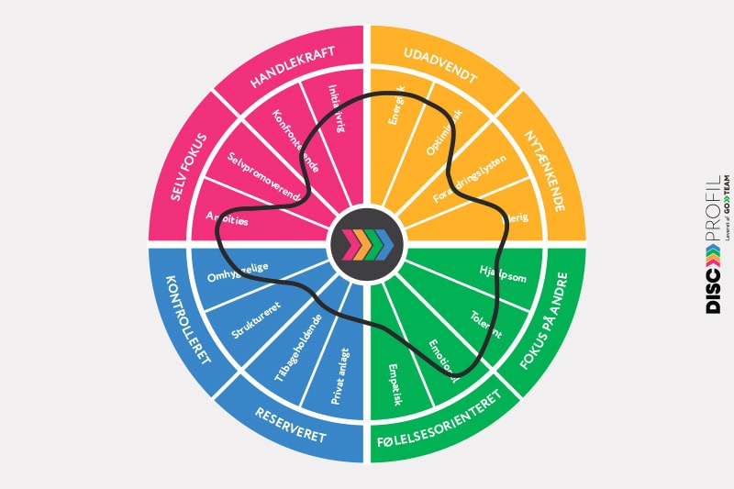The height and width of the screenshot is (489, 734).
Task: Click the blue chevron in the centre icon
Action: tap(384, 245)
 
